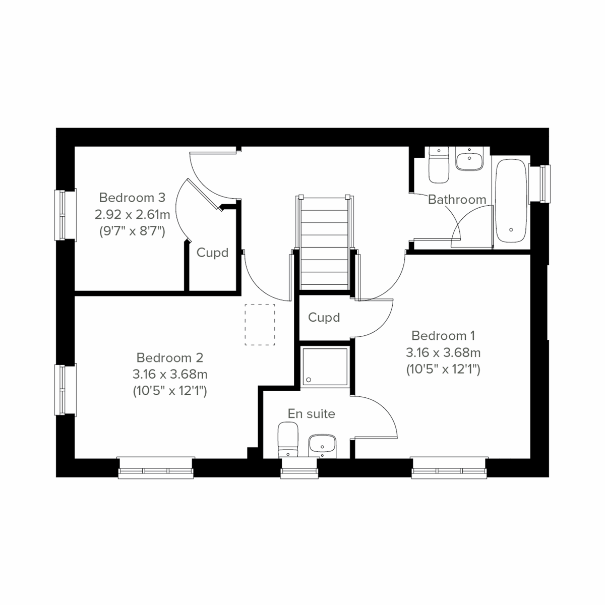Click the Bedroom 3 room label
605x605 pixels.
pos(132,197)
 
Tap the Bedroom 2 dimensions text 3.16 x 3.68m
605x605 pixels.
pos(170,374)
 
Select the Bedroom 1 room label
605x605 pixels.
pos(443,335)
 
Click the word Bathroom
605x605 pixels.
pos(457,200)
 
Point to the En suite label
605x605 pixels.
pos(311,414)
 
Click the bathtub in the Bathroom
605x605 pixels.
pos(511,202)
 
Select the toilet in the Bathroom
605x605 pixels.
pos(438,166)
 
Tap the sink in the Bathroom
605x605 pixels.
pos(469,159)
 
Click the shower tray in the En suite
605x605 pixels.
pos(324,367)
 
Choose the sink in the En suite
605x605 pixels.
pos(322,445)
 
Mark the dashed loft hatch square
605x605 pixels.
pos(260,325)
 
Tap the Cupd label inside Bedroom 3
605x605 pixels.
pos(212,253)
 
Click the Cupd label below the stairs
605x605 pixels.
pos(324,318)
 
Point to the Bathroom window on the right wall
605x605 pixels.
pos(544,183)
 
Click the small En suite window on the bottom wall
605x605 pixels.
pos(300,471)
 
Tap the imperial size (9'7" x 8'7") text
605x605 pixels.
pos(132,231)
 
